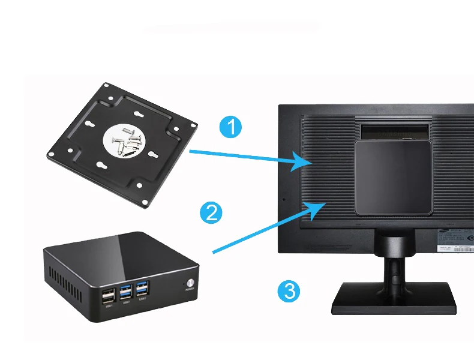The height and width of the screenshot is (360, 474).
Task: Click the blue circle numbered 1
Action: (231, 127)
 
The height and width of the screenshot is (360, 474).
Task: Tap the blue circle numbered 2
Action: (211, 212)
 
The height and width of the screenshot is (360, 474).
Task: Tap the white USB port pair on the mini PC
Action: (109, 296)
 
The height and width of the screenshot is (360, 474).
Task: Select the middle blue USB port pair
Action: (126, 292)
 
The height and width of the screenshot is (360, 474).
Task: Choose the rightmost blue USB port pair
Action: (142, 289)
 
